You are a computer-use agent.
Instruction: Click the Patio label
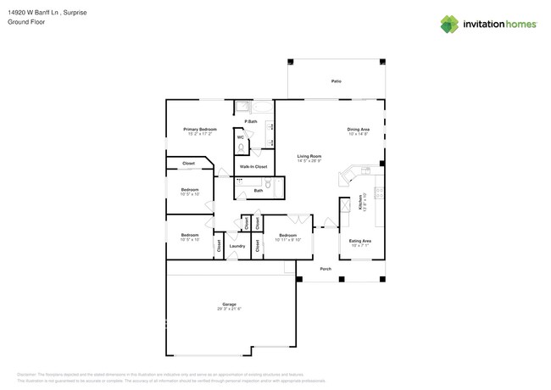point(336,81)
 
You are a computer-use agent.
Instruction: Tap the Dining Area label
point(359,129)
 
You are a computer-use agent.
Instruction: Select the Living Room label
point(309,156)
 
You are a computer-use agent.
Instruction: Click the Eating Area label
point(360,241)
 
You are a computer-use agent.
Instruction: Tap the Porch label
point(325,269)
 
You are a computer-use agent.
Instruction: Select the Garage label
point(229,304)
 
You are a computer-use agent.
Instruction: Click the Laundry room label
point(237,247)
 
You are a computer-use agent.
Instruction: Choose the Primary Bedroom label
point(197,129)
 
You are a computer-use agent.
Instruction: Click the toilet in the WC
point(241,148)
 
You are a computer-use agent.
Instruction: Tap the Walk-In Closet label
point(253,166)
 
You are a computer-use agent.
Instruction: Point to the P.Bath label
point(251,121)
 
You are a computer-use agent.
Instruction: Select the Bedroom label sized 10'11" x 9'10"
point(287,235)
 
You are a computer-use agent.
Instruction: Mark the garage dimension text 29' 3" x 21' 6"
point(229,309)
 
